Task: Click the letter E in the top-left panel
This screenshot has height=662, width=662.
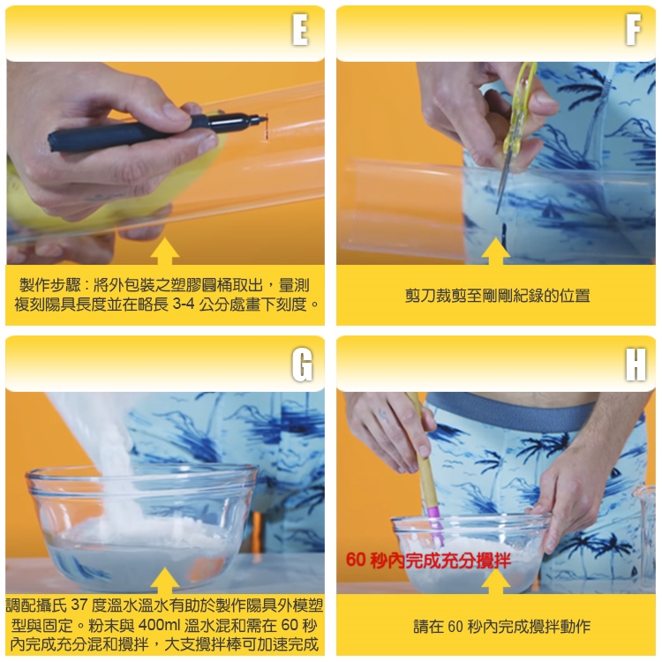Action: (x=300, y=29)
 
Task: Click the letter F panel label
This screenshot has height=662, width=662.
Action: (x=633, y=29)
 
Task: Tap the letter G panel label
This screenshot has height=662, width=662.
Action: (x=302, y=365)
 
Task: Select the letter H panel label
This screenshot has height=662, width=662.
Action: (x=636, y=365)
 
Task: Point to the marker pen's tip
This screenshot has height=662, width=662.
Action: (x=267, y=118)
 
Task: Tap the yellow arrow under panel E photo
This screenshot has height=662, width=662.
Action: (x=164, y=252)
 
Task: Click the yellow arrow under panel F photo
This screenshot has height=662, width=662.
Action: (x=495, y=252)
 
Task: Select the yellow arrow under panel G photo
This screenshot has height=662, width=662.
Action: (x=164, y=582)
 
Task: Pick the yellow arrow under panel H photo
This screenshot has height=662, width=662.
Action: (x=495, y=582)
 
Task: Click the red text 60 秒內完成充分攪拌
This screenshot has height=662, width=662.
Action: (x=428, y=560)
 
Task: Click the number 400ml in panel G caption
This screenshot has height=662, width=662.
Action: (x=159, y=625)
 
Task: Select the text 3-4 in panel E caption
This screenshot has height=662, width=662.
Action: (x=184, y=304)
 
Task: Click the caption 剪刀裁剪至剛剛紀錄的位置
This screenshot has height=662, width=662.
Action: (x=497, y=296)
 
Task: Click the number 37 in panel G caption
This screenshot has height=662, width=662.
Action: (x=79, y=605)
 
